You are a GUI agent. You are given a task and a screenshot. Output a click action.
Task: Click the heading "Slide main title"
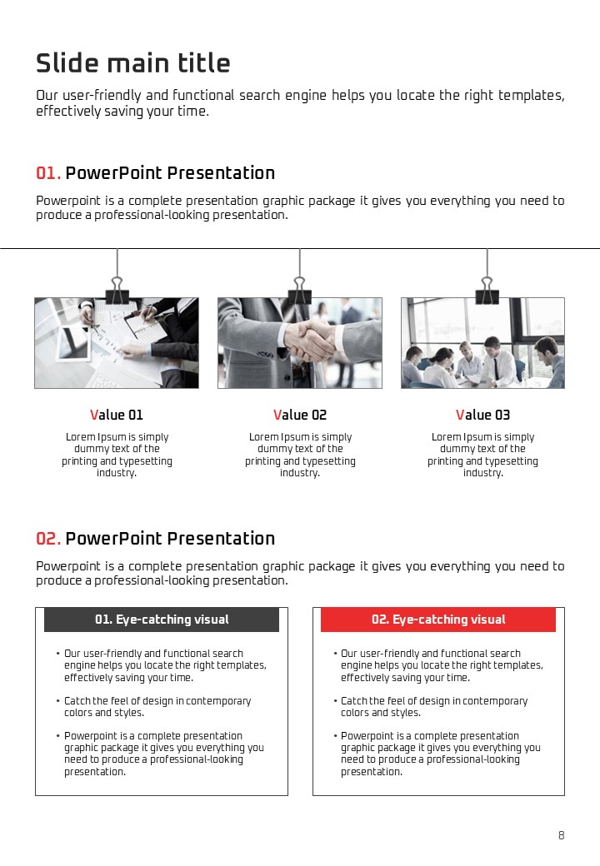click(133, 63)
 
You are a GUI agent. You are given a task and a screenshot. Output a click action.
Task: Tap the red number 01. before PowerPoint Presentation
click(48, 173)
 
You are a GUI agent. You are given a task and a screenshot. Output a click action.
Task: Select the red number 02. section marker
click(48, 539)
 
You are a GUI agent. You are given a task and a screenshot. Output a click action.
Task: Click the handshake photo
click(300, 343)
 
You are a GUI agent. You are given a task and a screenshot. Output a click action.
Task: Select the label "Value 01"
click(117, 415)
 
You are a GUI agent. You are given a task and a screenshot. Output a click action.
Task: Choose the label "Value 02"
click(300, 415)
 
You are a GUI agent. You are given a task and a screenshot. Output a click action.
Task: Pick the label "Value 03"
click(482, 415)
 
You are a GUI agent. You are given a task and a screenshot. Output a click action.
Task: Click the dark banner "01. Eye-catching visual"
click(162, 620)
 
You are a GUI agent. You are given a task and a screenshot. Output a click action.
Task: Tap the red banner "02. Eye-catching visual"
click(438, 620)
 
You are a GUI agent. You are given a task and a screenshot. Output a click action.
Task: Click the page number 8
click(562, 835)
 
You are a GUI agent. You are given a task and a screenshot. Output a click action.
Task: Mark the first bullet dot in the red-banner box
click(335, 654)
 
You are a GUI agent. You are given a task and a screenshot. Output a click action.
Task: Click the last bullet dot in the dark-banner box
click(58, 736)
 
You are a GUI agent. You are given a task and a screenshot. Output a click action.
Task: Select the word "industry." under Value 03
click(483, 473)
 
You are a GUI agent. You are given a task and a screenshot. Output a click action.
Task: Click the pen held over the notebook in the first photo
click(147, 314)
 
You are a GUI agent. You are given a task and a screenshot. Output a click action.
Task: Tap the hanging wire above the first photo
click(117, 263)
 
